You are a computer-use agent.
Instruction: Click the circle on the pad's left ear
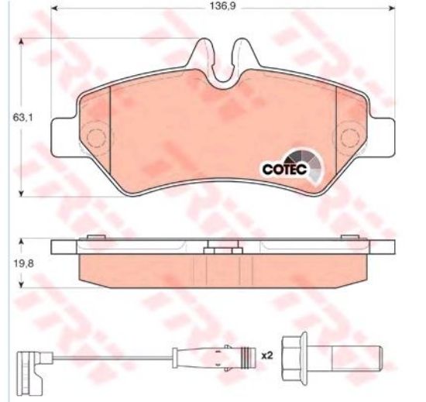click(95, 139)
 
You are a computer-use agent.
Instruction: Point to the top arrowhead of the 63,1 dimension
click(20, 40)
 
